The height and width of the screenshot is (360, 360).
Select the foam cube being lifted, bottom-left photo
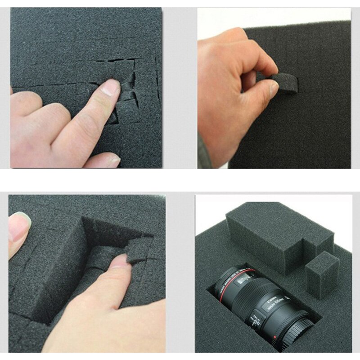(x=138, y=250)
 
